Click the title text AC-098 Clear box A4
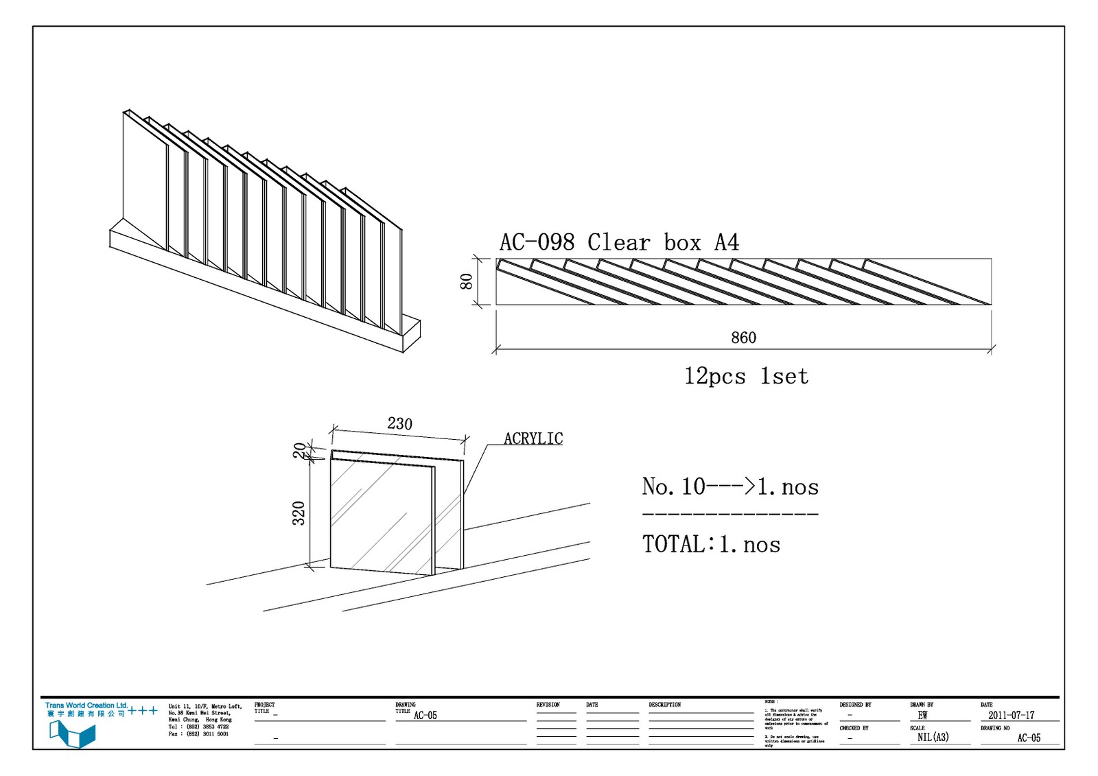point(619,243)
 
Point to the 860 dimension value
point(743,338)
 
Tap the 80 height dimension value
point(467,281)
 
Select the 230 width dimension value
point(399,424)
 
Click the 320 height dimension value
point(299,513)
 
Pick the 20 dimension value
point(299,450)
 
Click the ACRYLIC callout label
point(533,439)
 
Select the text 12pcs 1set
point(746,377)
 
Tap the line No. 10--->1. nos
point(730,487)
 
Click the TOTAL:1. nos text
point(711,545)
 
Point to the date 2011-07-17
point(1011,715)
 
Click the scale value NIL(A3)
point(933,738)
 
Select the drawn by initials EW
point(922,715)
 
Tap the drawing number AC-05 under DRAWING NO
point(1028,738)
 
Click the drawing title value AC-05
point(425,716)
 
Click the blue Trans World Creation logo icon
point(72,734)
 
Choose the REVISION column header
point(548,705)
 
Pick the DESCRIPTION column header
point(664,705)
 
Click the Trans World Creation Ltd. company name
point(86,705)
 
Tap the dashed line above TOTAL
point(730,514)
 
